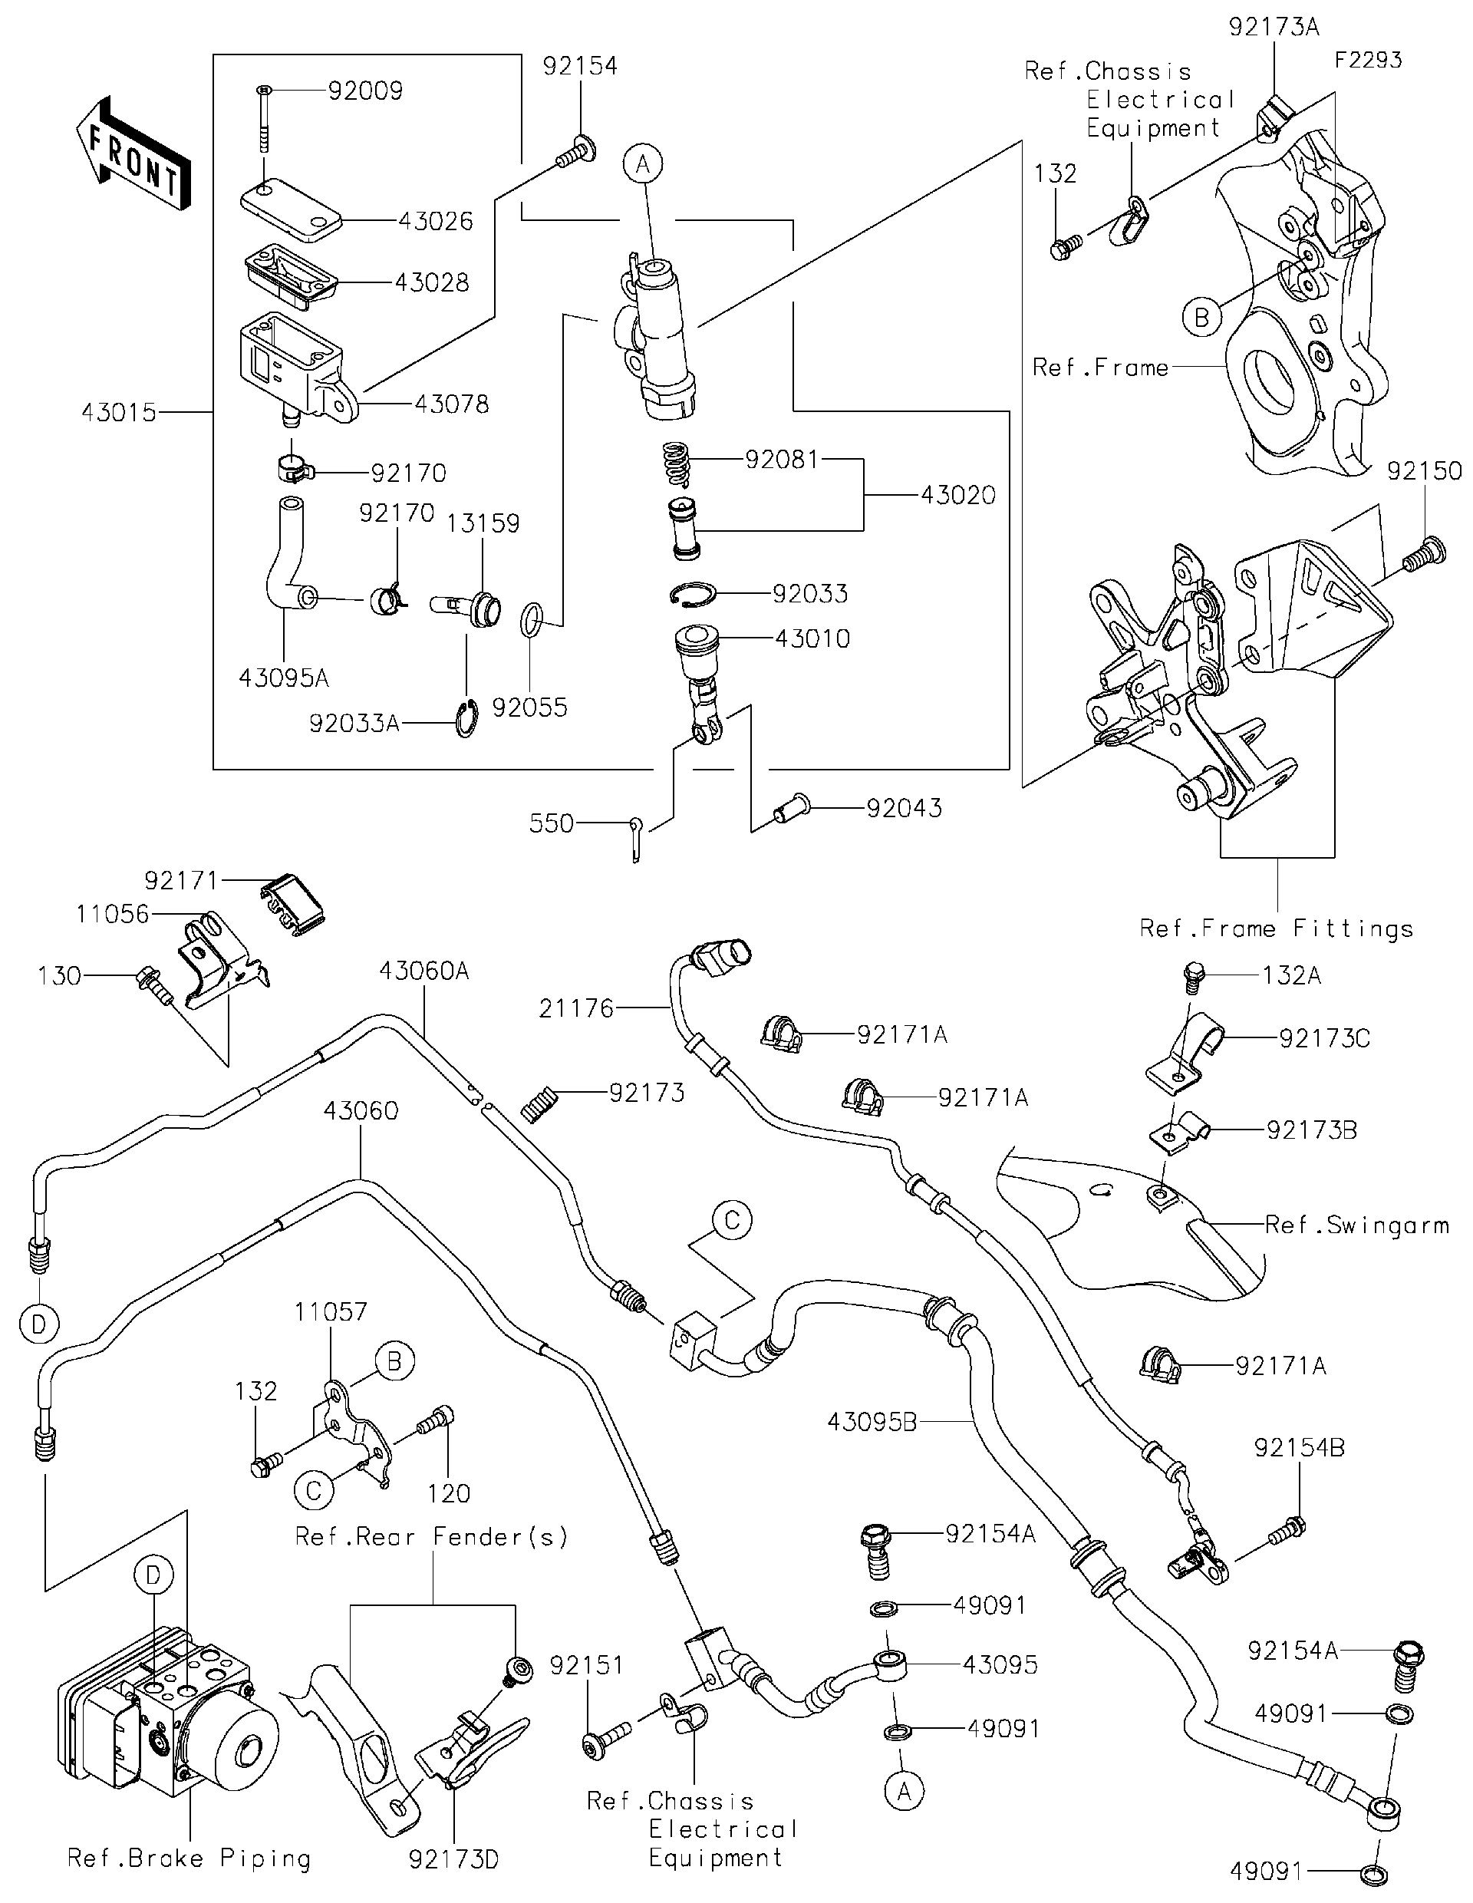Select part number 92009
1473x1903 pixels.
click(365, 91)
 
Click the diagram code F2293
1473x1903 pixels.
click(1368, 59)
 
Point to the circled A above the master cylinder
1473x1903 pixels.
click(643, 163)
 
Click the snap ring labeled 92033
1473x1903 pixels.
click(694, 593)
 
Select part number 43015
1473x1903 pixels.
click(118, 411)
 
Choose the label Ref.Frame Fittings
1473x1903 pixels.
click(1276, 928)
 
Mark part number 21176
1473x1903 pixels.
click(576, 1008)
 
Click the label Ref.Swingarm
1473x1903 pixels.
click(1356, 1225)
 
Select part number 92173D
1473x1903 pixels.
click(454, 1858)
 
